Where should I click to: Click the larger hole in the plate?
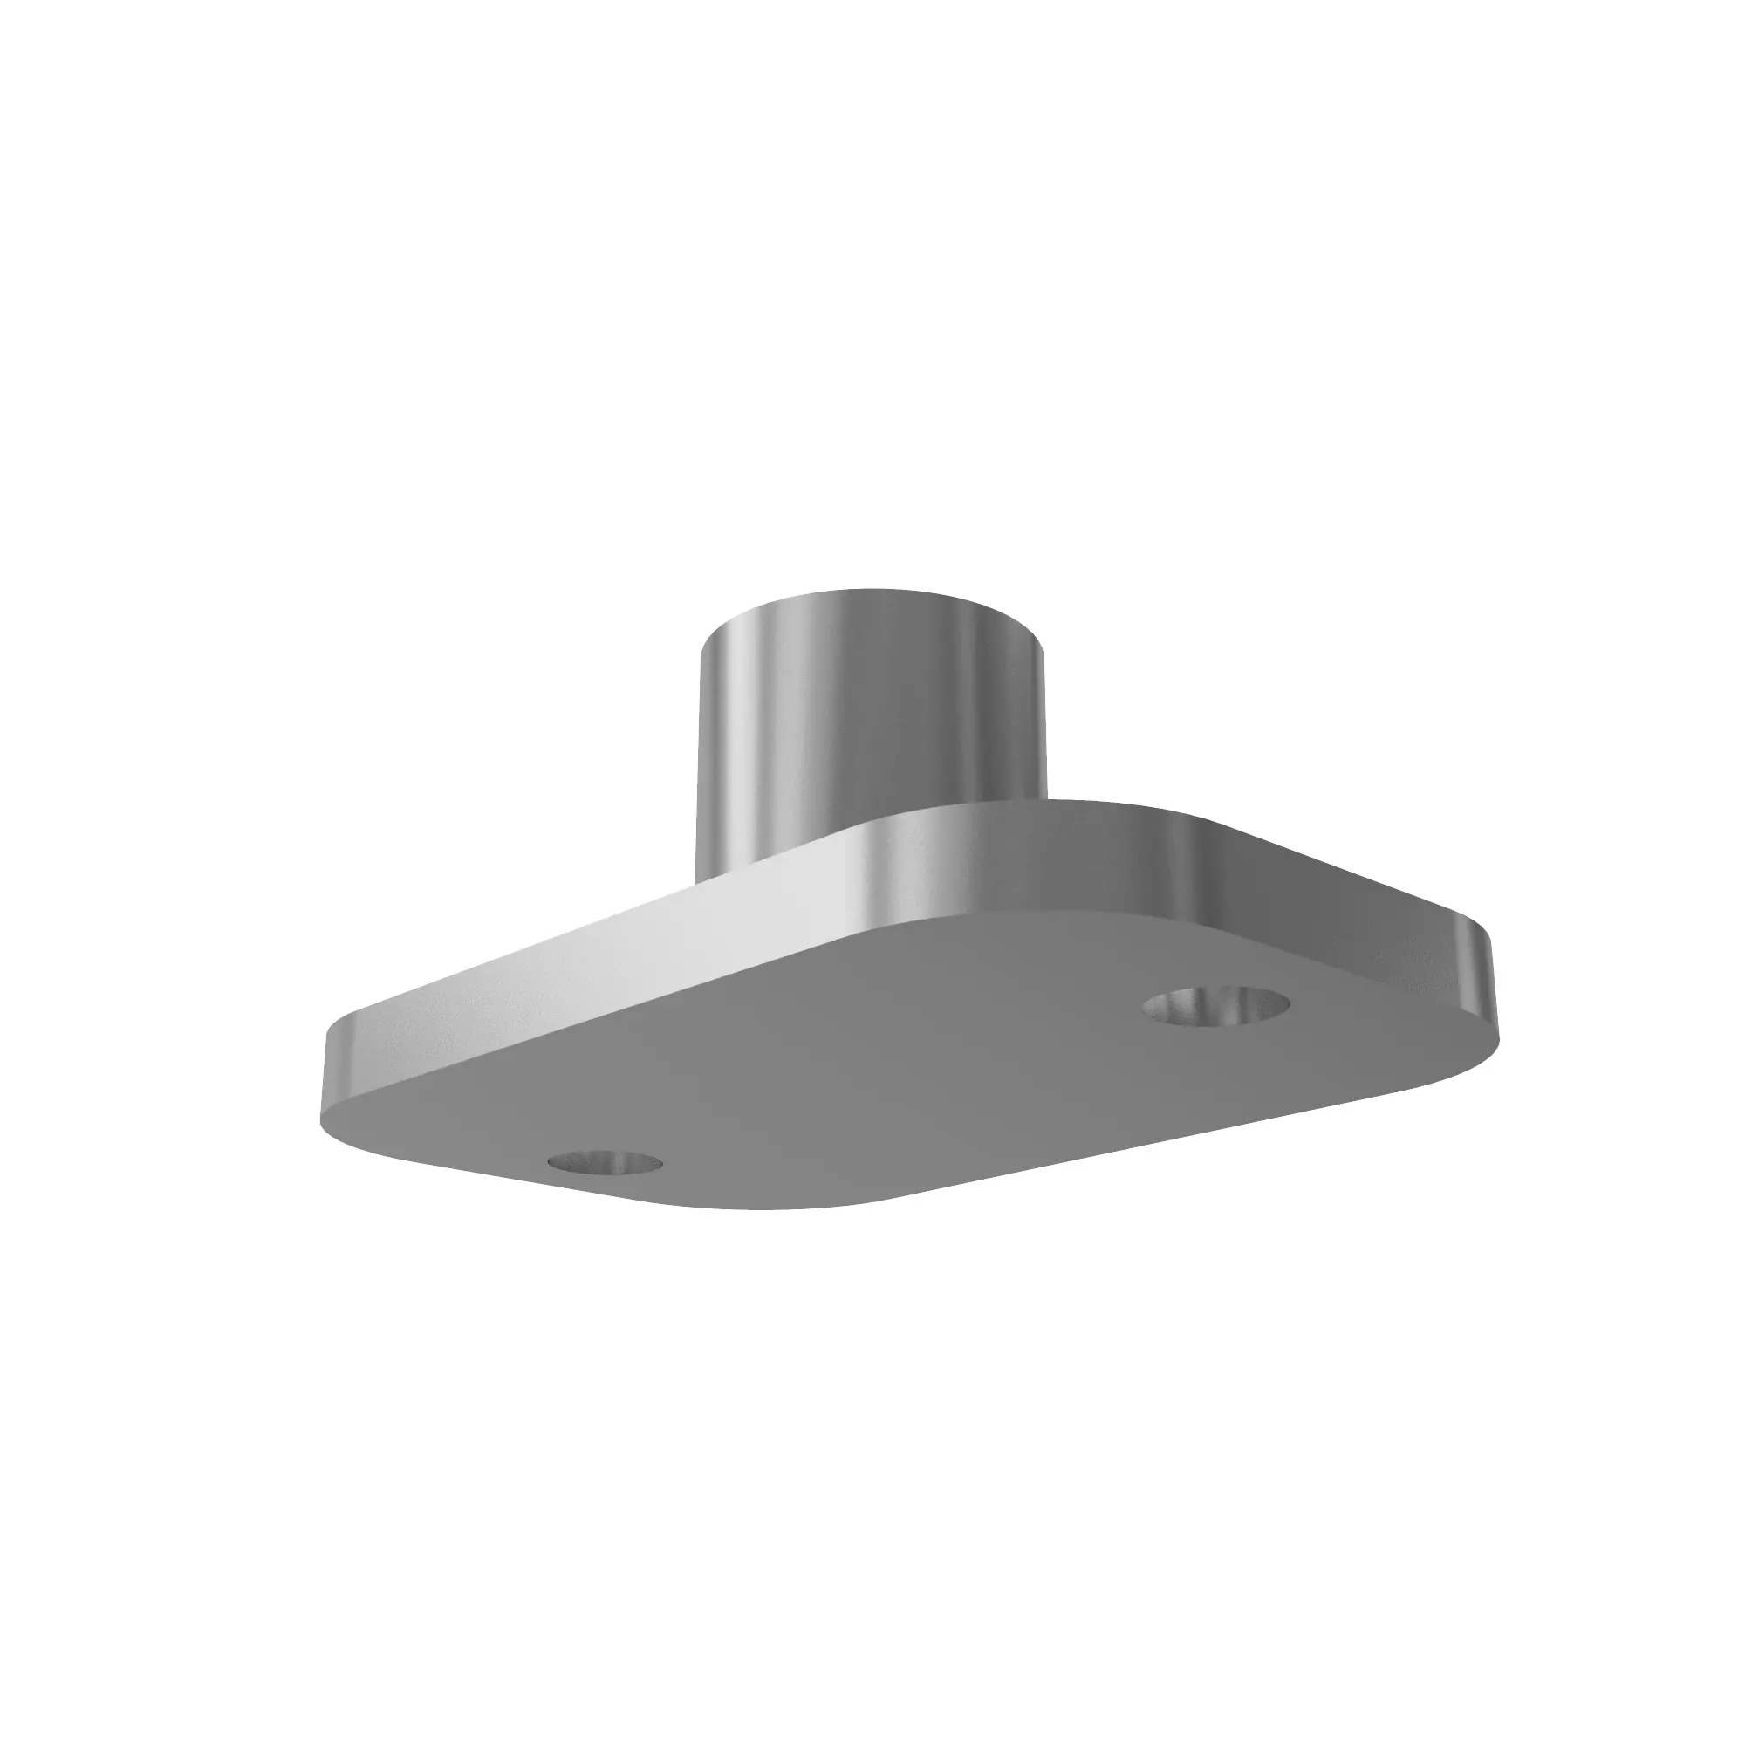pyautogui.click(x=1215, y=1005)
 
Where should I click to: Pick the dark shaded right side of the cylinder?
pyautogui.click(x=1003, y=714)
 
